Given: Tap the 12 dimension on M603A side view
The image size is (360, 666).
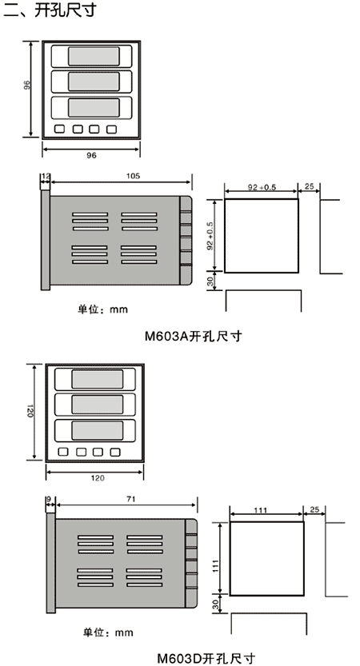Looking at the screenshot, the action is [45, 176].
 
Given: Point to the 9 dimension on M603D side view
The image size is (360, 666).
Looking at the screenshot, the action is [49, 500].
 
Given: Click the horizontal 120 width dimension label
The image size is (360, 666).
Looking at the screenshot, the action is [98, 478].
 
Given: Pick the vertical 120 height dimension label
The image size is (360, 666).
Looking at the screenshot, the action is [30, 411].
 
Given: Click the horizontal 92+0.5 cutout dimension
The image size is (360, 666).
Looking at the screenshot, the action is [262, 188].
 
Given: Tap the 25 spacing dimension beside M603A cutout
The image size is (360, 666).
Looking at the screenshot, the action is [310, 187].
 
